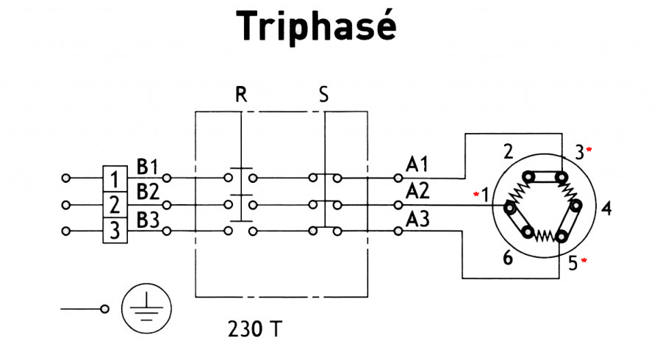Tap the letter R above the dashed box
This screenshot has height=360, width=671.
241,96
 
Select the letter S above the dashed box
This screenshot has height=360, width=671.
323,96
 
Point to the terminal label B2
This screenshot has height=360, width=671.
148,192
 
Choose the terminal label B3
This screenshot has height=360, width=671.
148,219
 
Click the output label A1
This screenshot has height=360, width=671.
417,163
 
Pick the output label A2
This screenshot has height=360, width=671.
417,190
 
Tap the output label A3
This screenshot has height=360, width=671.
417,218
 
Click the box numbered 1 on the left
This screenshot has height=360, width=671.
114,179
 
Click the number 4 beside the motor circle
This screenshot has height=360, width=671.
606,208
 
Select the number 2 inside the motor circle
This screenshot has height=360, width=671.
508,153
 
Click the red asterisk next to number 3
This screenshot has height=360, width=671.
589,150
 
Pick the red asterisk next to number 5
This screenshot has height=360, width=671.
585,261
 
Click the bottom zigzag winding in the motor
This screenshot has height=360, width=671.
545,235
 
